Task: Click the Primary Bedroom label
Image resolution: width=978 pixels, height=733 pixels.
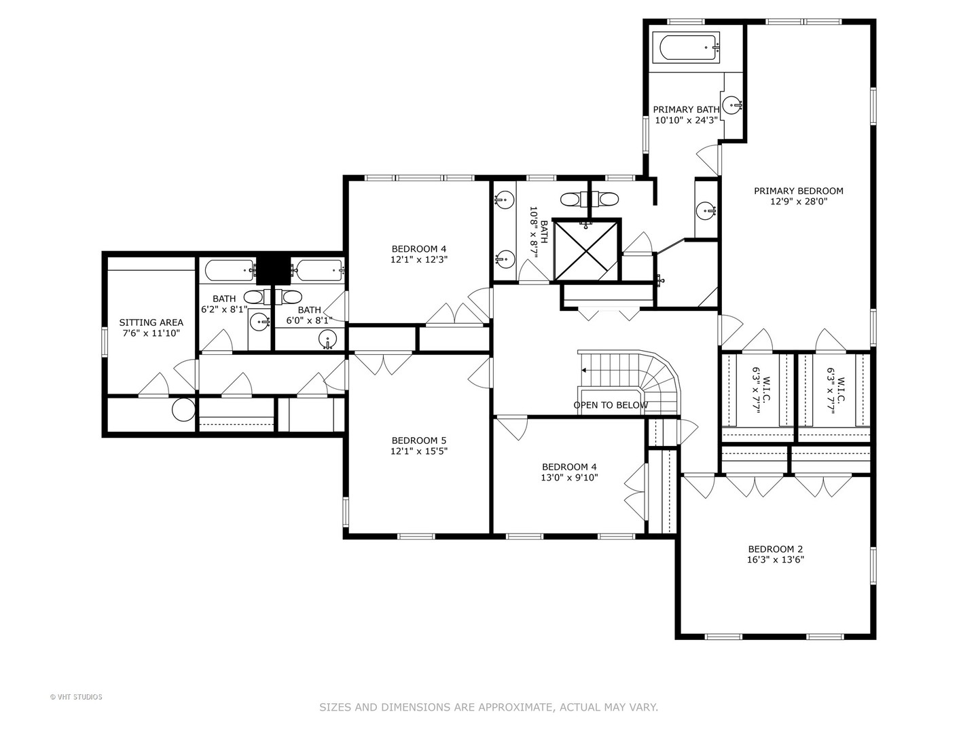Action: [798, 191]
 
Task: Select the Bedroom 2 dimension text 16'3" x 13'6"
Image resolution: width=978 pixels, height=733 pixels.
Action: [776, 560]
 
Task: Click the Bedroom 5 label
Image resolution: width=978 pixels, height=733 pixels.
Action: [418, 440]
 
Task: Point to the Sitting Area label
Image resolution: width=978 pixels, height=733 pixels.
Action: [151, 322]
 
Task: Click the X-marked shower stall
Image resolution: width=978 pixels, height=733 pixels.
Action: [587, 249]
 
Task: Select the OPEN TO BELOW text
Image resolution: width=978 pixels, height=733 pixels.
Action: [611, 405]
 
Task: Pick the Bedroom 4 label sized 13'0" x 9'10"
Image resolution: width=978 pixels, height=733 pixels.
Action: [569, 467]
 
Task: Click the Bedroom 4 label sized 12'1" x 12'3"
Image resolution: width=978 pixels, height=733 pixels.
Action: [418, 248]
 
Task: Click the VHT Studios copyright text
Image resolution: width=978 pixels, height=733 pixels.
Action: [76, 697]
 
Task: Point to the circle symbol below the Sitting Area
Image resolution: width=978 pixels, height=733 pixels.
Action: [183, 410]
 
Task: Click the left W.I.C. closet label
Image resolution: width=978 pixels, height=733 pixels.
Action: [761, 390]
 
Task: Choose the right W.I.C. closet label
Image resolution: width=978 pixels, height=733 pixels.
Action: [835, 390]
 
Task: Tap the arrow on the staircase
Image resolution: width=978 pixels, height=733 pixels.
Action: [584, 371]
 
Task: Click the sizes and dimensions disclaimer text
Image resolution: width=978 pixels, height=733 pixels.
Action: [488, 707]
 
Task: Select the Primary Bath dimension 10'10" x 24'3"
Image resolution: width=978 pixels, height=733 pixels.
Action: [686, 120]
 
